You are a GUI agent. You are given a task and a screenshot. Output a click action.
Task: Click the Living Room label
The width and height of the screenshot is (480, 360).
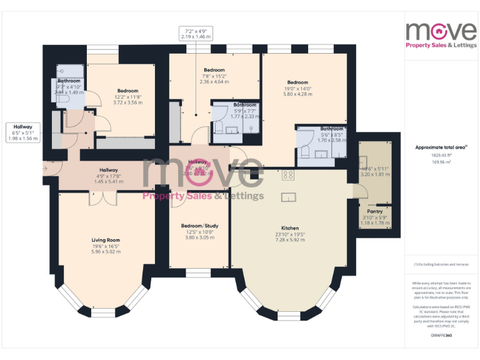(106, 240)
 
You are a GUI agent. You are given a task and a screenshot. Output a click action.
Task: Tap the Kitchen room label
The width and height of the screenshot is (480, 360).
(289, 228)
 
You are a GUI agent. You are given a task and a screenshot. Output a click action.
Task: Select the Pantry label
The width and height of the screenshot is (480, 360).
(375, 212)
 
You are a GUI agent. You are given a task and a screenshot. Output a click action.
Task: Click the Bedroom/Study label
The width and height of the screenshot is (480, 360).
(199, 225)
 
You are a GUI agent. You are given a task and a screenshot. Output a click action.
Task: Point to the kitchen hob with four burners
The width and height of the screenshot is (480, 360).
(288, 176)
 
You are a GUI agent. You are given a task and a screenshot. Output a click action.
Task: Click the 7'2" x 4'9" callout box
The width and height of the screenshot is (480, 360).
(196, 34)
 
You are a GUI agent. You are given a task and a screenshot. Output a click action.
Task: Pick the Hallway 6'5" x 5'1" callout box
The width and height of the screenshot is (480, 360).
(23, 132)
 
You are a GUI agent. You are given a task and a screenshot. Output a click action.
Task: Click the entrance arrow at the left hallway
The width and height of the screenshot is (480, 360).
(46, 168)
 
